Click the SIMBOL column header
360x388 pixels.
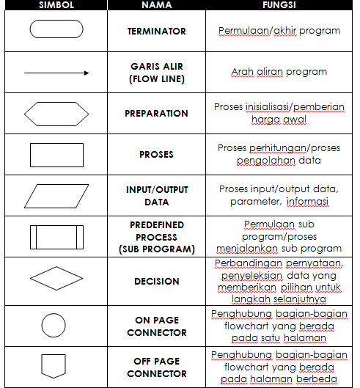tap(56, 5)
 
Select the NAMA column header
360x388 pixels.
tap(156, 5)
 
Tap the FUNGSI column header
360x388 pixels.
tap(279, 5)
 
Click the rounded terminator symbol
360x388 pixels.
tap(56, 31)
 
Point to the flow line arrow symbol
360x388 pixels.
tap(56, 73)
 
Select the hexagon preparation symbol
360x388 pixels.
tap(56, 114)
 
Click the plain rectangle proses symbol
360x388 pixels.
tap(56, 155)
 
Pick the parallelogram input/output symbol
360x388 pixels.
tap(56, 196)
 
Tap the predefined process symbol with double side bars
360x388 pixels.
tap(56, 238)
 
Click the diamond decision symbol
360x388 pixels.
tap(56, 281)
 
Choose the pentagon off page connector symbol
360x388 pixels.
tap(56, 366)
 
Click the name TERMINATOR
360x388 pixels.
tap(156, 32)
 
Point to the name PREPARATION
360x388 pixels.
tap(156, 114)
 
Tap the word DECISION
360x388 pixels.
tap(156, 281)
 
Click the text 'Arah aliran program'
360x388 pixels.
tap(279, 73)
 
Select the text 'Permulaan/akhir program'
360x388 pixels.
tap(279, 32)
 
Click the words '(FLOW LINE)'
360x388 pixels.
tap(156, 78)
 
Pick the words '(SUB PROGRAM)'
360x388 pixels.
tap(156, 249)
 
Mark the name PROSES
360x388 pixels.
tap(156, 155)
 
